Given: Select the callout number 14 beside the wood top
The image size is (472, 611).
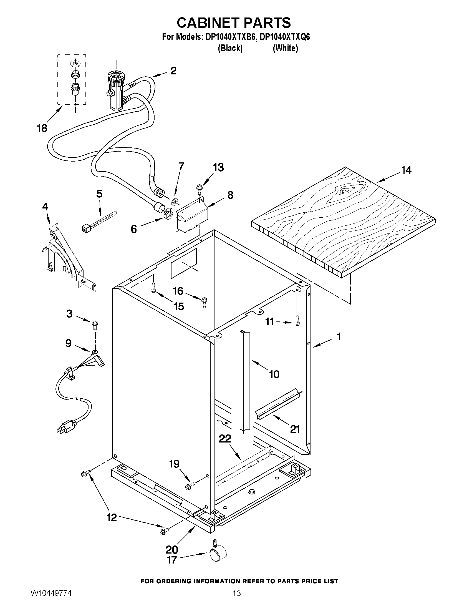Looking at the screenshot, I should (406, 170).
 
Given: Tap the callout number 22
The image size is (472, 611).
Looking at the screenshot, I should (225, 439).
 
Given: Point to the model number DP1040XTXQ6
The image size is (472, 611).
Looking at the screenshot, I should (285, 37).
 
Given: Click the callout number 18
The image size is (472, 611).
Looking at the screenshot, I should (42, 129).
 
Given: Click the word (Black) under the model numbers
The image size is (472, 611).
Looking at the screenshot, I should (230, 48).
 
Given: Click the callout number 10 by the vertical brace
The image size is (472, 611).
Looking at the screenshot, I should (274, 374).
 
